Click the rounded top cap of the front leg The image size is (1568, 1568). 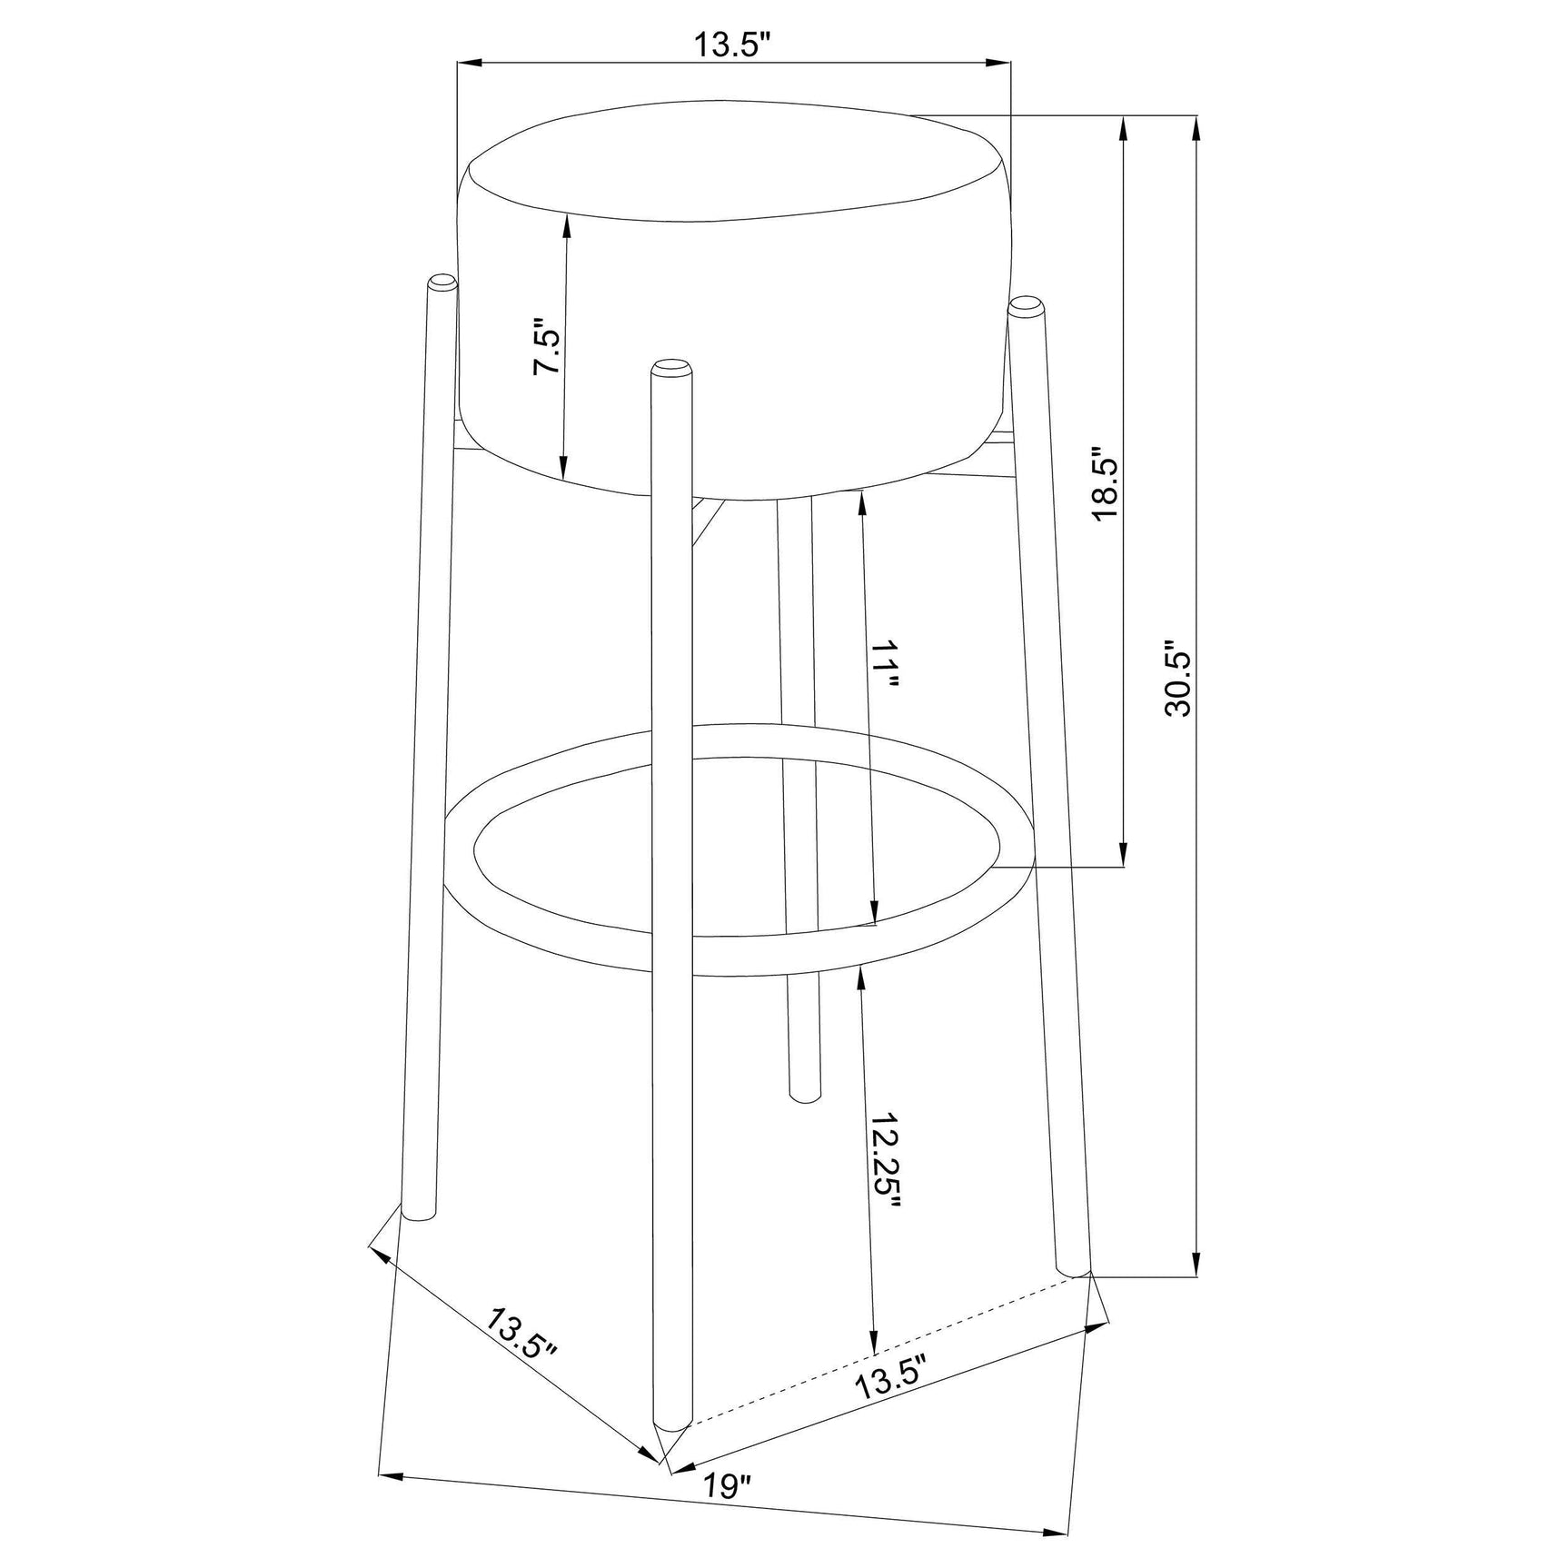pos(671,367)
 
